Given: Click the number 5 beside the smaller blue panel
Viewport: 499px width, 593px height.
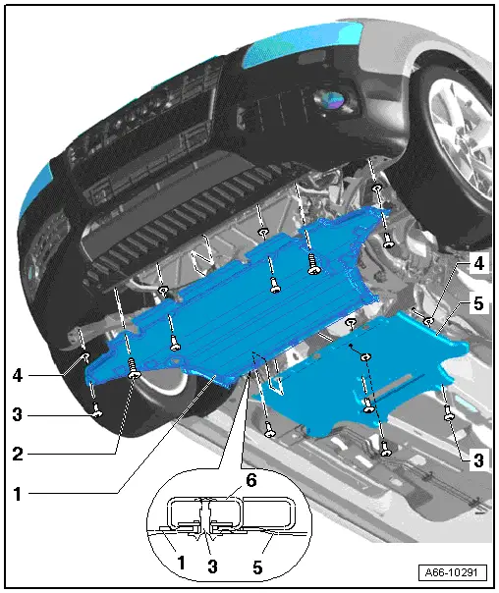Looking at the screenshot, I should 478,304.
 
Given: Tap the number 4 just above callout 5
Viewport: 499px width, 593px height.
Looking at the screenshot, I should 478,264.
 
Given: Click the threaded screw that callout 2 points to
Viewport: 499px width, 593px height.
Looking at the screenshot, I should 134,369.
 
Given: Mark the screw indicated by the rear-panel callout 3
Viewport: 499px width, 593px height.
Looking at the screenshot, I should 448,414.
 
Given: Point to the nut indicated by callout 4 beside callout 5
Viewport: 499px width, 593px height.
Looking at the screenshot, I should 428,317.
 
